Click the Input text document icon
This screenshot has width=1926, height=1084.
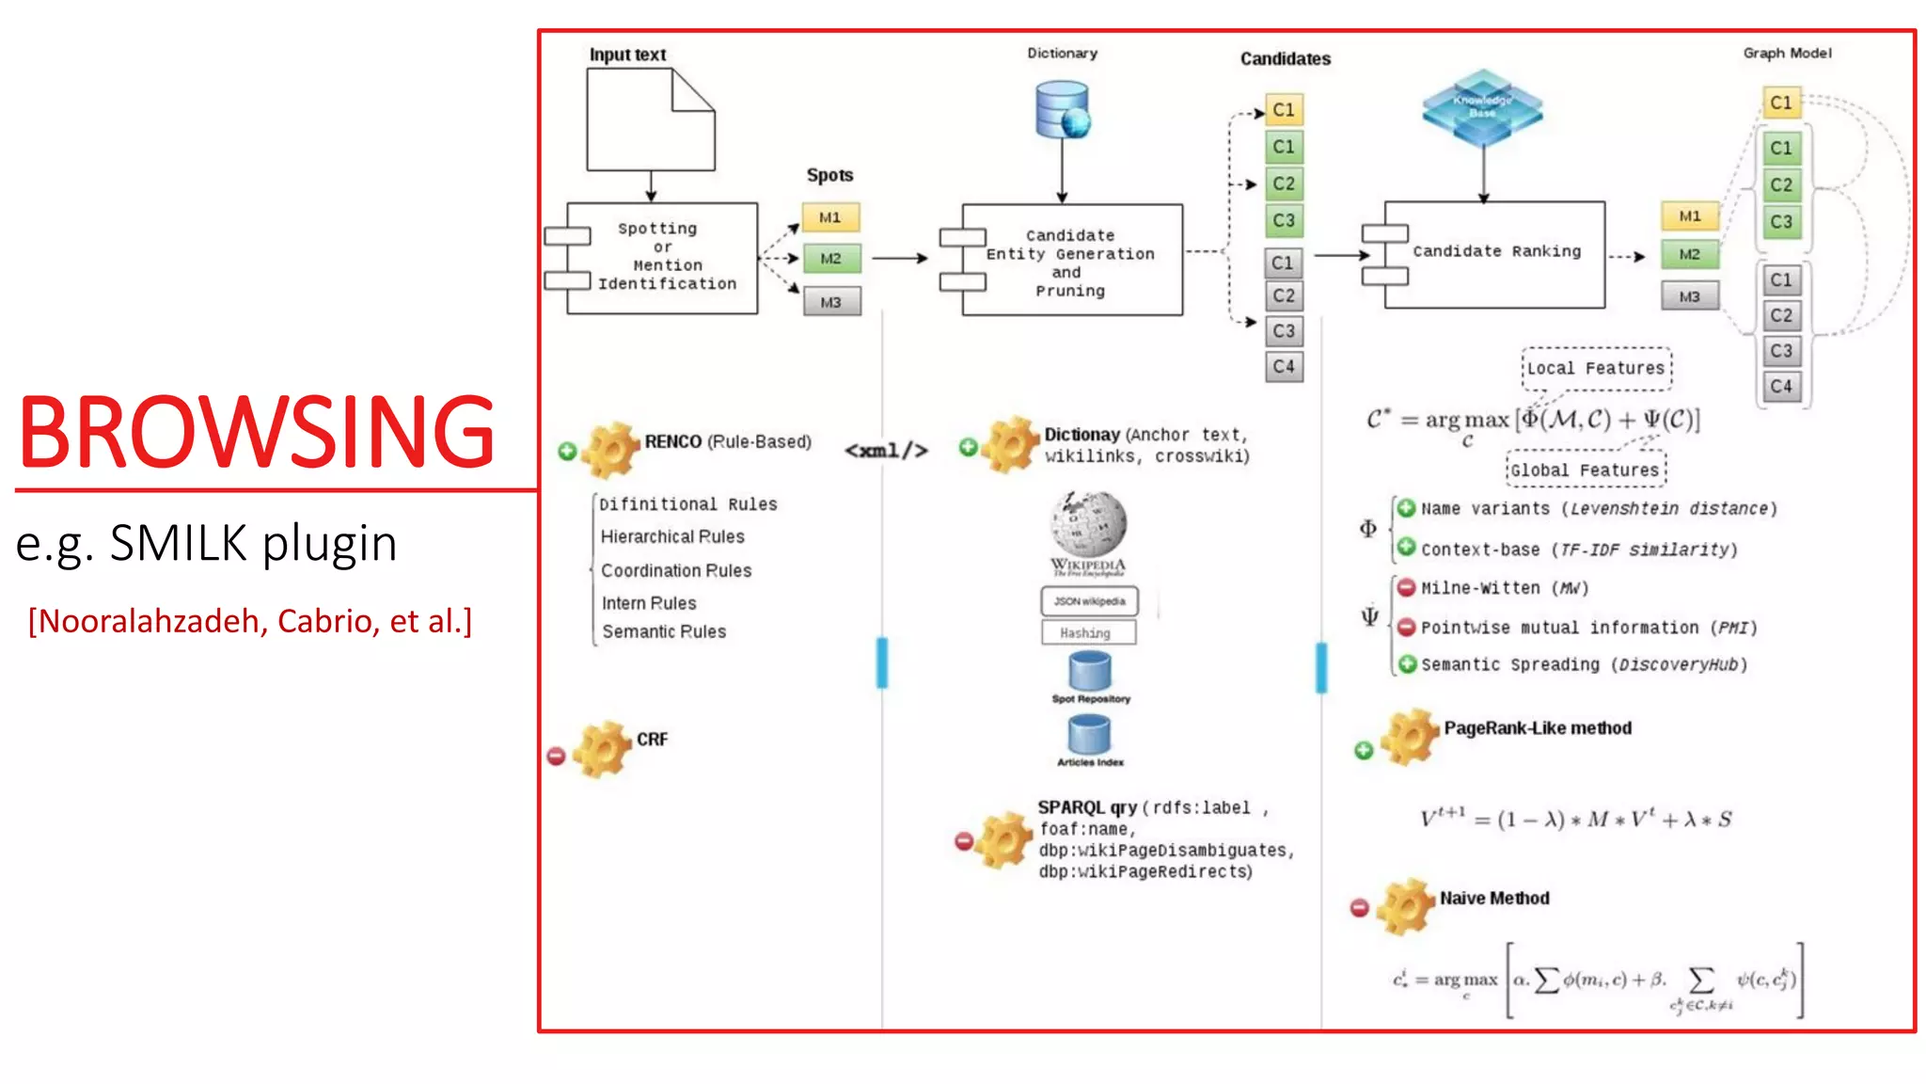click(x=650, y=120)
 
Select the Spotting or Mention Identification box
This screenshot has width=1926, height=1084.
click(x=663, y=257)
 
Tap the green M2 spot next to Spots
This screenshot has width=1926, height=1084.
click(x=830, y=258)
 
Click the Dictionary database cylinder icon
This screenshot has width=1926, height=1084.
click(x=1062, y=110)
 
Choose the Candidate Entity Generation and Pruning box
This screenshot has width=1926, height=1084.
click(x=1071, y=261)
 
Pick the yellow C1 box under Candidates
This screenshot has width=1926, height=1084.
click(x=1283, y=109)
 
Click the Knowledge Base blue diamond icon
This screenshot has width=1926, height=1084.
click(x=1482, y=107)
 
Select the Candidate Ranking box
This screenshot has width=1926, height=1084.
click(x=1494, y=253)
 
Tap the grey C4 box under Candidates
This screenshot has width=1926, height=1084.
click(x=1283, y=366)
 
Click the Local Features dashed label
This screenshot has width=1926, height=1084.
click(x=1596, y=368)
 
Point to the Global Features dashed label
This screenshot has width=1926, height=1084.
click(x=1586, y=470)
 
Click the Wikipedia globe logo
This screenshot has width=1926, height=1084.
click(x=1088, y=524)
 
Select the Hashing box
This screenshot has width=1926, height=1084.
click(x=1088, y=632)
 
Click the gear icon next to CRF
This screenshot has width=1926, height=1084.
click(x=602, y=750)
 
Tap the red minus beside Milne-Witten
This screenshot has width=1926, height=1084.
click(x=1406, y=588)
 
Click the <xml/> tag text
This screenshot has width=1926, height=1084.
click(x=886, y=451)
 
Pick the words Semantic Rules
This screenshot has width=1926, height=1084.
click(x=664, y=631)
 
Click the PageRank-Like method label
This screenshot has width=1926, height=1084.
click(x=1537, y=727)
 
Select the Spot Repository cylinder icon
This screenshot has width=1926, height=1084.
click(x=1089, y=671)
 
